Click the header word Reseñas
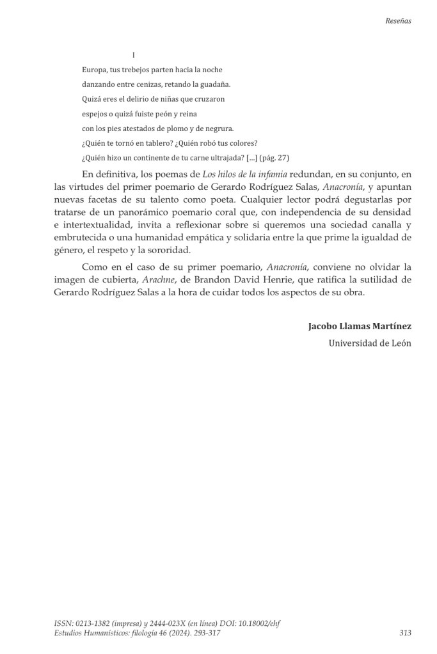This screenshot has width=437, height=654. click(x=398, y=20)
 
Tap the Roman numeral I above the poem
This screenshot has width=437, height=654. click(x=133, y=56)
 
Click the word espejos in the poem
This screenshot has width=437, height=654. click(x=96, y=114)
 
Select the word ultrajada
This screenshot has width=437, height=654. click(x=220, y=158)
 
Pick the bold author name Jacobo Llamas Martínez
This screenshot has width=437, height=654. click(x=360, y=326)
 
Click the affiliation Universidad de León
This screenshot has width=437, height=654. click(x=370, y=343)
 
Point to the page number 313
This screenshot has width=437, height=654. click(x=404, y=633)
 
